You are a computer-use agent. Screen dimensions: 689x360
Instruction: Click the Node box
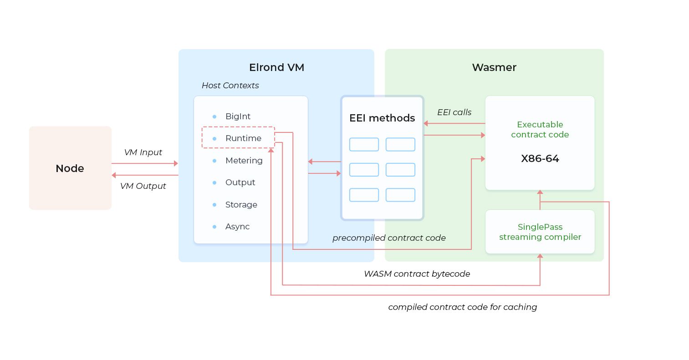[70, 168]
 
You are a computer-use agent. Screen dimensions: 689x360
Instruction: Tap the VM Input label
[143, 152]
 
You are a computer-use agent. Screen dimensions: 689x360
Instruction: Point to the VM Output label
[143, 186]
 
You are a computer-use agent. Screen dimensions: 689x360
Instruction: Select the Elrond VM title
[276, 67]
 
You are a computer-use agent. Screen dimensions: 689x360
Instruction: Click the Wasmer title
[494, 67]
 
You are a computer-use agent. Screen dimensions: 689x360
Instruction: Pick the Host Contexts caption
[230, 86]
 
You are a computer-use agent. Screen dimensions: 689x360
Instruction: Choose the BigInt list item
[238, 117]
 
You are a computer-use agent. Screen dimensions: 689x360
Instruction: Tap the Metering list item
[244, 161]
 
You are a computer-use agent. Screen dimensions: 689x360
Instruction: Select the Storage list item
[241, 204]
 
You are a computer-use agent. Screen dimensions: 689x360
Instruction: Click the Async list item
[237, 227]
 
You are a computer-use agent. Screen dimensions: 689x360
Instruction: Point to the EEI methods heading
[382, 118]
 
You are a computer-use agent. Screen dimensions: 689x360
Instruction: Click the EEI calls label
[454, 112]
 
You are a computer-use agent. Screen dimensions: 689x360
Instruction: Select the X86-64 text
[540, 159]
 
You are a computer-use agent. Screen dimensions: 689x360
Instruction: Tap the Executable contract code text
[540, 129]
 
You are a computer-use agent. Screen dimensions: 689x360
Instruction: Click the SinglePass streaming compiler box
[540, 232]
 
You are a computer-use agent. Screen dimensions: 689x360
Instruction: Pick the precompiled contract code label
[389, 238]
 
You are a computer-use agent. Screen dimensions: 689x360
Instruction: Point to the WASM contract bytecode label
[417, 274]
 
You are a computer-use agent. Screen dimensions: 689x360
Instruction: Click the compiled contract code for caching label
[463, 307]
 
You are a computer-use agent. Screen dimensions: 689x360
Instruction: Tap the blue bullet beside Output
[214, 183]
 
